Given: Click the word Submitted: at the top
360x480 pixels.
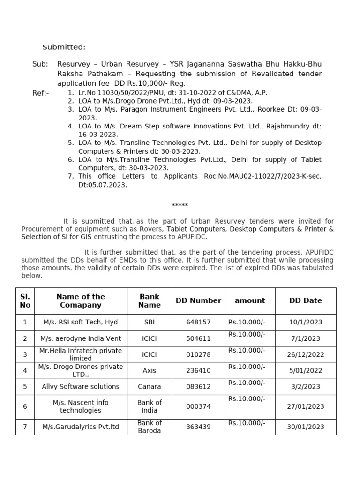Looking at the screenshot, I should pos(64,47).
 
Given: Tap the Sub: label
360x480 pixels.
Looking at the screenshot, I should pos(40,64).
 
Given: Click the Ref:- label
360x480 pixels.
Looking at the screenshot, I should pos(40,93).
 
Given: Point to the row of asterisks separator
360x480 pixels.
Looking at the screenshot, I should pos(180,206).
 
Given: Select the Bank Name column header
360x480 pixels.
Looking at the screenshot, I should pos(150,301).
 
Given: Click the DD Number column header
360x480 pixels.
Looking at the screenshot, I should pos(198,301).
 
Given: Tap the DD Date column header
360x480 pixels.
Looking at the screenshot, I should pos(306,301).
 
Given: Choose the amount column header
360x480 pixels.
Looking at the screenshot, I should pos(250,301).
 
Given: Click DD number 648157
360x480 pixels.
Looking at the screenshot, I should pos(198,322).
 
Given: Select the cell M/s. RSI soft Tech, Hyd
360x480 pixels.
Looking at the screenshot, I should pos(81,322).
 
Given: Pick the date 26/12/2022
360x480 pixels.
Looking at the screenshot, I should pos(306,355).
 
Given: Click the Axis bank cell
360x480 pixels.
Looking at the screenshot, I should pos(150,371).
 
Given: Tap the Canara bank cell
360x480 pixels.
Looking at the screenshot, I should pos(150,387).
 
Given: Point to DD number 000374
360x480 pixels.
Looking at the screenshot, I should pos(198,407).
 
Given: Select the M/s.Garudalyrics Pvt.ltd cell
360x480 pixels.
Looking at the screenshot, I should pos(81,427).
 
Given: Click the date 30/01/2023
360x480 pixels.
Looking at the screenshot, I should pos(306,427).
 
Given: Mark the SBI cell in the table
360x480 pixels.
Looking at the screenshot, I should pos(150,322).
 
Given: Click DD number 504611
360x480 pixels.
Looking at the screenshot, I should pos(198,338).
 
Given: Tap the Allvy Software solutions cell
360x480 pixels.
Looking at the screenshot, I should pos(81,387).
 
